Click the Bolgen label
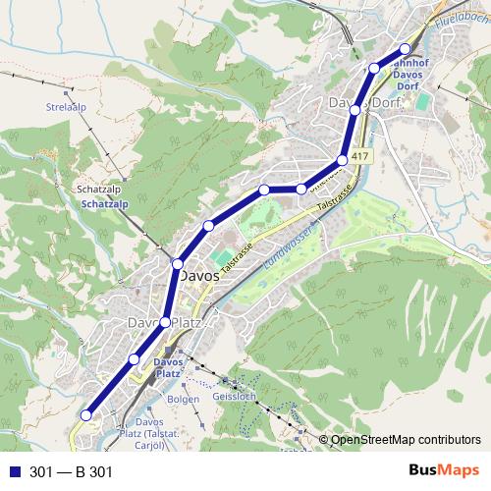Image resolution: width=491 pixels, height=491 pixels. point(184,400)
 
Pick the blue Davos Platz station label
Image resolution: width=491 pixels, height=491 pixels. point(168,367)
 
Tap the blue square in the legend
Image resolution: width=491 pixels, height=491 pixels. point(13,472)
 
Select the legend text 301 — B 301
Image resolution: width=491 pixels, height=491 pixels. point(72,472)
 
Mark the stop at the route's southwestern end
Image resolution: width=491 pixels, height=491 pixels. point(85,415)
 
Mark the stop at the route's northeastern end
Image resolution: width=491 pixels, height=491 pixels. point(405,48)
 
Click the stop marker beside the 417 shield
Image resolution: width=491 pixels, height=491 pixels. point(343,159)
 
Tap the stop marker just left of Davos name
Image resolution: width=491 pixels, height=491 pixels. point(178,263)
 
